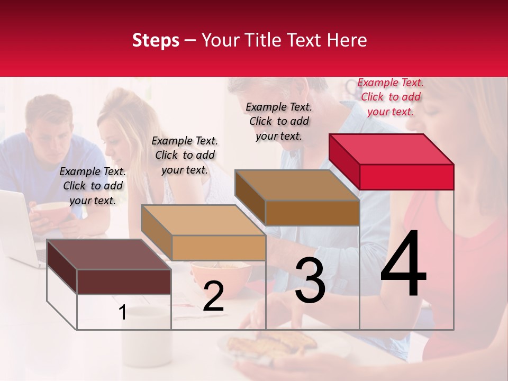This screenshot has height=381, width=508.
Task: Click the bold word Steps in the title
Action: tap(156, 40)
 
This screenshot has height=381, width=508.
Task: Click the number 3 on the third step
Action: tap(310, 280)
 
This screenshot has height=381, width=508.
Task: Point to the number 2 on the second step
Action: tap(213, 297)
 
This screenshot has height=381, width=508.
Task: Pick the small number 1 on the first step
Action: tap(122, 313)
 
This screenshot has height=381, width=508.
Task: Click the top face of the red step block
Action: tap(391, 149)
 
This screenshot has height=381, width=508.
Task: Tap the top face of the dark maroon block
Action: tap(108, 255)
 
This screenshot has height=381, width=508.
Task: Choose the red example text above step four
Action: tap(391, 97)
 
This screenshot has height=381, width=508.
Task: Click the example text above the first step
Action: tap(93, 186)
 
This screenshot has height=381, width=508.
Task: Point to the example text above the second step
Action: tap(185, 155)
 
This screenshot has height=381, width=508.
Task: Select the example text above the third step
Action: tap(279, 121)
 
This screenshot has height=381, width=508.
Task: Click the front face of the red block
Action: tap(406, 177)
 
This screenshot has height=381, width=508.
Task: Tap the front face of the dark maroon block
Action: tap(124, 282)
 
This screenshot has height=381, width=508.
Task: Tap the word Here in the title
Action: tap(347, 40)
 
